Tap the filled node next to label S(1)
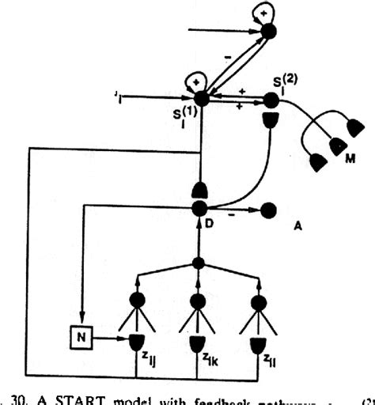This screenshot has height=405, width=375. click(201, 98)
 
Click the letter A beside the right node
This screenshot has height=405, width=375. click(300, 224)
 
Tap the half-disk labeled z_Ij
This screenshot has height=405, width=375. click(139, 342)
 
